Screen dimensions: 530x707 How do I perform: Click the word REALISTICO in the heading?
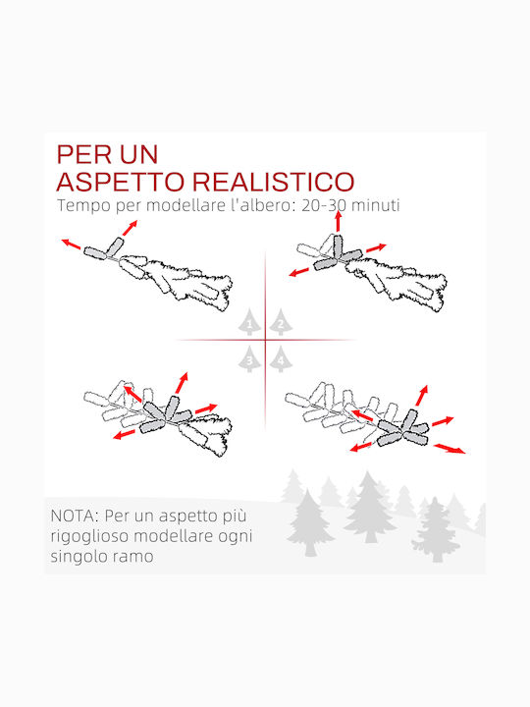click(274, 182)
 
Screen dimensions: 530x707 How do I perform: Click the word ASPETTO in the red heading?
click(121, 182)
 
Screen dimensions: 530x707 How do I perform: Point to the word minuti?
click(375, 205)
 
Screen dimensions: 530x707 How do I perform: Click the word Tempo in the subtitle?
click(83, 206)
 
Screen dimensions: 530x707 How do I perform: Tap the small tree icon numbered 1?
click(249, 322)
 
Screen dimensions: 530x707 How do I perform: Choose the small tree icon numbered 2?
click(281, 322)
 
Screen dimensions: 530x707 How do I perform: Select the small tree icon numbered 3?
click(249, 359)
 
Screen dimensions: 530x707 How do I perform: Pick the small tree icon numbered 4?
click(281, 359)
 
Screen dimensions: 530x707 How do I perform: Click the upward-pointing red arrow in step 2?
click(338, 221)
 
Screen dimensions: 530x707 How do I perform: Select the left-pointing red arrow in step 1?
click(71, 244)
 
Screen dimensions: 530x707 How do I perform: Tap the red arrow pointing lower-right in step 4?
click(450, 449)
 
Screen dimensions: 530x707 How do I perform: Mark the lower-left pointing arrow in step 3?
click(124, 435)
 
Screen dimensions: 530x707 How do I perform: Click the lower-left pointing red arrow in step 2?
click(298, 272)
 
